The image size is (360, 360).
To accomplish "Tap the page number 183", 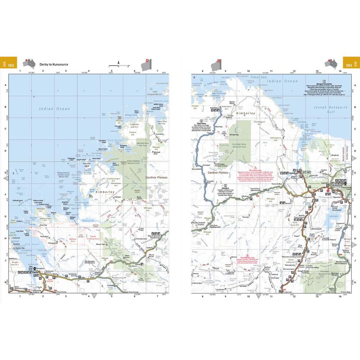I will point(348,65).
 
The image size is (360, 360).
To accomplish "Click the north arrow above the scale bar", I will point(119,62).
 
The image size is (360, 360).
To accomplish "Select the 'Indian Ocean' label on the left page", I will point(55,108).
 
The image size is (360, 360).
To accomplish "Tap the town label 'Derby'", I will point(35,273).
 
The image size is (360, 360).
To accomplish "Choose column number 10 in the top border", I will point(248,71).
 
